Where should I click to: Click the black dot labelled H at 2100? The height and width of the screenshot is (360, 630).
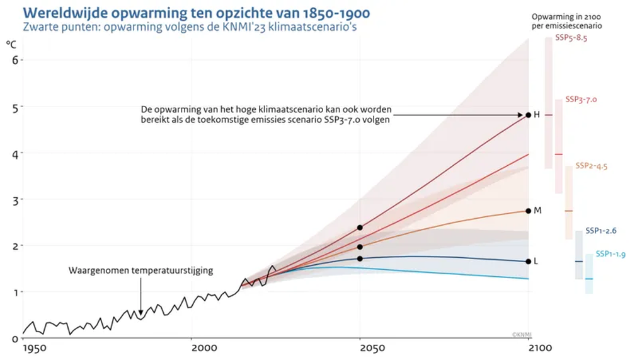[529, 115]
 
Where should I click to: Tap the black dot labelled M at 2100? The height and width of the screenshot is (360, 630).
[529, 211]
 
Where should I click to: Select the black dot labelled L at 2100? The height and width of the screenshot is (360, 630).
[529, 262]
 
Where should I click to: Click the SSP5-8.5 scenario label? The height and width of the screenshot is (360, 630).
[571, 38]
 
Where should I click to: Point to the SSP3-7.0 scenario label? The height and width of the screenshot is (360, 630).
[581, 100]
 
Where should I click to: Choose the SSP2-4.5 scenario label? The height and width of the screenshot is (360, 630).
[591, 166]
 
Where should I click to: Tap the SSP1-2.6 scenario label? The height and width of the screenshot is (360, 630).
[600, 231]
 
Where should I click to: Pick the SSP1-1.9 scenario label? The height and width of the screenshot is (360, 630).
[610, 254]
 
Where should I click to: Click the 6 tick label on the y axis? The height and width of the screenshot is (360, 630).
[15, 61]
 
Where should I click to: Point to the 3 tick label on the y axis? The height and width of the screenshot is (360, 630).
[15, 200]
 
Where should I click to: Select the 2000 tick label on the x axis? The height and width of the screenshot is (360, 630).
[203, 348]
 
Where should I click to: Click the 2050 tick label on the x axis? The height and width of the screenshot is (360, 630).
[372, 348]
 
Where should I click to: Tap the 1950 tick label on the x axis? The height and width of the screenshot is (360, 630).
[35, 348]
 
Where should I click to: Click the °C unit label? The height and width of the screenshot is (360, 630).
[11, 44]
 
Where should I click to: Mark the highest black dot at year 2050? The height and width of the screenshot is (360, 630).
[360, 228]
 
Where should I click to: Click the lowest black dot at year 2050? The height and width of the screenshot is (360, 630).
[360, 258]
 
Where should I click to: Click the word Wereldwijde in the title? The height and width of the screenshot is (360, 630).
[65, 13]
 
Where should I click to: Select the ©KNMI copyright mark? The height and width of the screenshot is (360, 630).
[522, 335]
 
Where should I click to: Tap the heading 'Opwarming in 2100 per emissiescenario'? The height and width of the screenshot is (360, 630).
[566, 21]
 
